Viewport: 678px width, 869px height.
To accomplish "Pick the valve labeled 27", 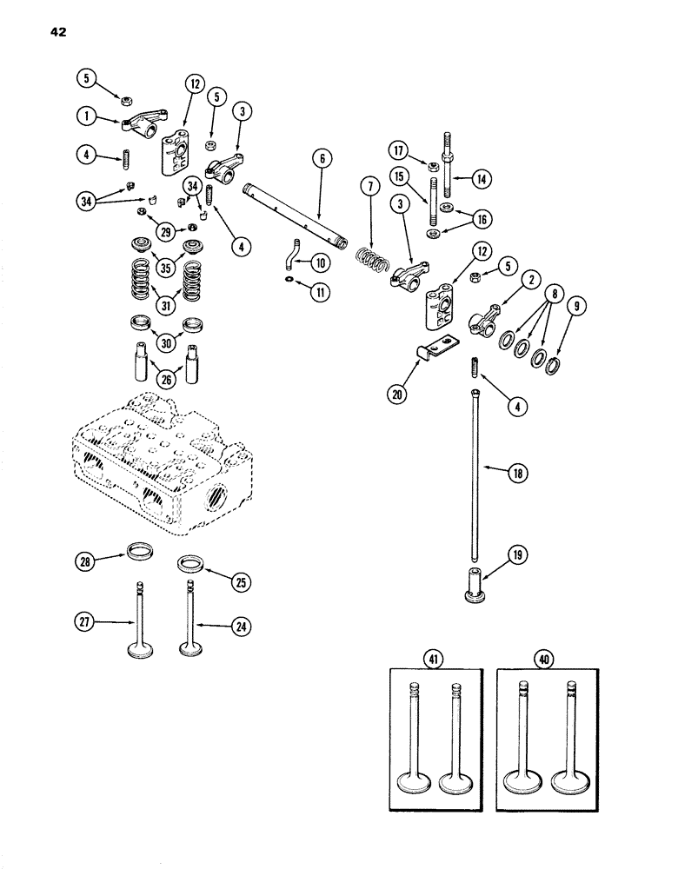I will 138,623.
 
